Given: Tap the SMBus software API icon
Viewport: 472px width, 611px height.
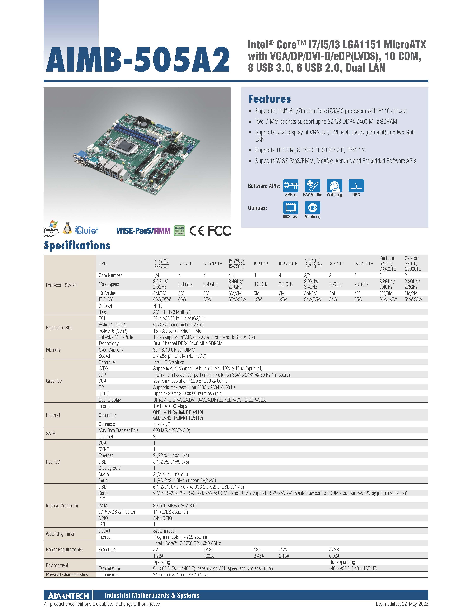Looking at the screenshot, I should click(x=290, y=186).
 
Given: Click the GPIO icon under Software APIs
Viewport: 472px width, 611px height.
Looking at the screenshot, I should click(x=356, y=186).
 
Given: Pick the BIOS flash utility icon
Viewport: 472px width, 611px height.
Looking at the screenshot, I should click(x=290, y=208).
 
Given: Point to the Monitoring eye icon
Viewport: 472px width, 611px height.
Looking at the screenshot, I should click(x=312, y=208).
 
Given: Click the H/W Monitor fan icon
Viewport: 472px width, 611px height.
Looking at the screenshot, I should click(x=312, y=186).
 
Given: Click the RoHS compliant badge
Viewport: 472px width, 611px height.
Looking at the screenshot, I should click(x=179, y=231).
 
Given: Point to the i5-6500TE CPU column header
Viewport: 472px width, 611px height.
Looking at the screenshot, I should click(x=288, y=264).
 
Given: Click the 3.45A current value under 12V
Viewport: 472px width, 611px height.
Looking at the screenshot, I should click(x=259, y=556).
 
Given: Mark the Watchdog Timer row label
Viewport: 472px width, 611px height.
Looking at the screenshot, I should click(x=60, y=534).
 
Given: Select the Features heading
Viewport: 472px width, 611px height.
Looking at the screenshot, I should click(x=269, y=99).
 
